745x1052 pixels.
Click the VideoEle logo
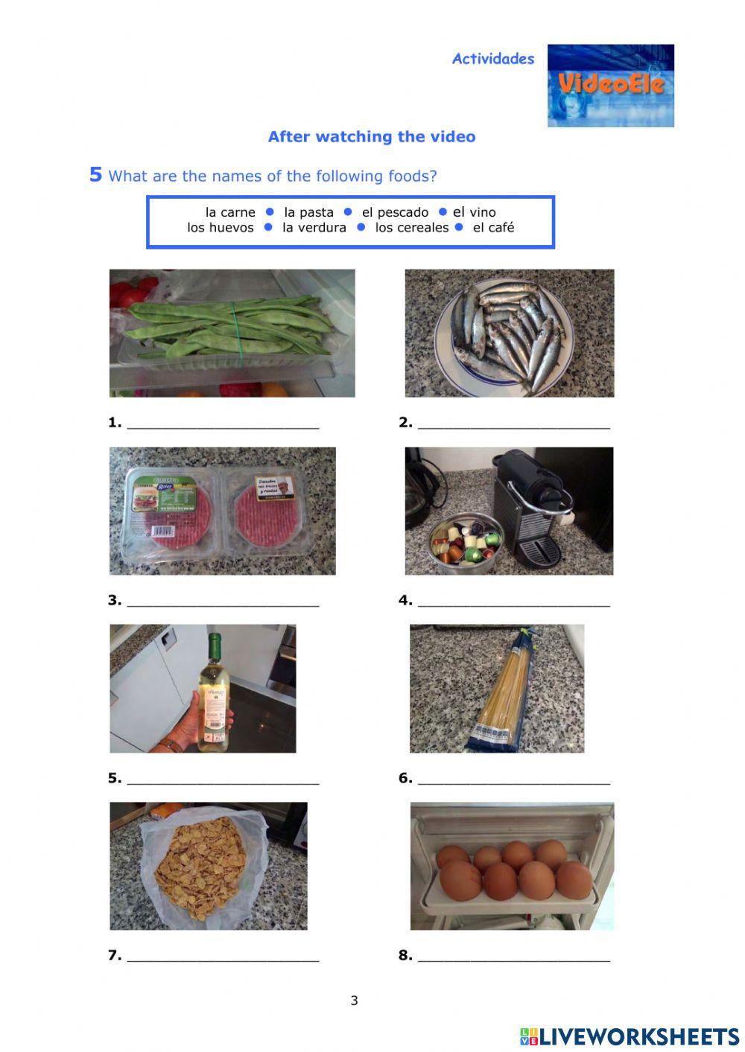click(610, 85)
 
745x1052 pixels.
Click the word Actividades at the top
click(492, 59)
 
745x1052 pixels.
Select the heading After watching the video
click(371, 136)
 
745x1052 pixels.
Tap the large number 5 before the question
click(95, 174)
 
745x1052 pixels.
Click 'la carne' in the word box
click(229, 212)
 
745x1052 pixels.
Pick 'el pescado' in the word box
click(395, 212)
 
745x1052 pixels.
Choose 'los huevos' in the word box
click(220, 228)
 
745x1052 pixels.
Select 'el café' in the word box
click(493, 228)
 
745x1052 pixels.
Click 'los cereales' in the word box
click(411, 228)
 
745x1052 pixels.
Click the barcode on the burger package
click(161, 531)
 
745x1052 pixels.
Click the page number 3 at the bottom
click(354, 1000)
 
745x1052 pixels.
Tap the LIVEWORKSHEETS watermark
click(630, 1036)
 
